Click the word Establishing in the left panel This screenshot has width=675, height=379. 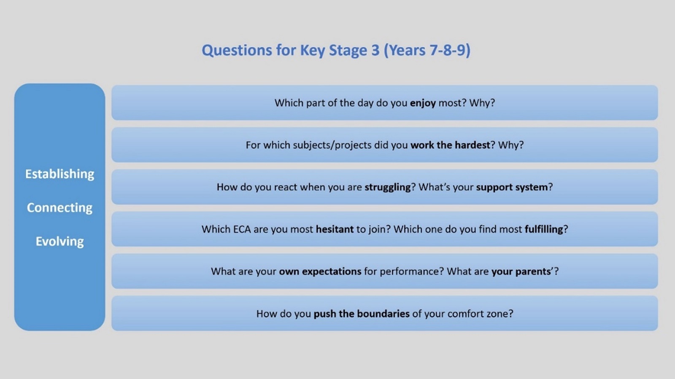coord(59,174)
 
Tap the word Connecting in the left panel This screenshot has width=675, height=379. coord(59,208)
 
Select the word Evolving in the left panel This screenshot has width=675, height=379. coord(59,242)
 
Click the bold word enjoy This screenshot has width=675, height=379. coord(423,103)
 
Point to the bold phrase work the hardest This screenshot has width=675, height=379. coord(450,145)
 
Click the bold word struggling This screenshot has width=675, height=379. coord(388,187)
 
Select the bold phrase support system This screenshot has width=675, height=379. coord(512,187)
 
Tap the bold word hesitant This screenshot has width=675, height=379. coord(335,229)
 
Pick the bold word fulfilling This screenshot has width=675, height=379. coord(544,229)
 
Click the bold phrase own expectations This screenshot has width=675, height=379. coord(320,271)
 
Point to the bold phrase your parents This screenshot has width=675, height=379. coord(521,271)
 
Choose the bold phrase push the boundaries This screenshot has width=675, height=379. coord(362,314)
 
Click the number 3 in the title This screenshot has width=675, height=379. coord(375,50)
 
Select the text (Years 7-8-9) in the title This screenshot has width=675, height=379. coord(427,50)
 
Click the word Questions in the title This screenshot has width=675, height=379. coord(237,50)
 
